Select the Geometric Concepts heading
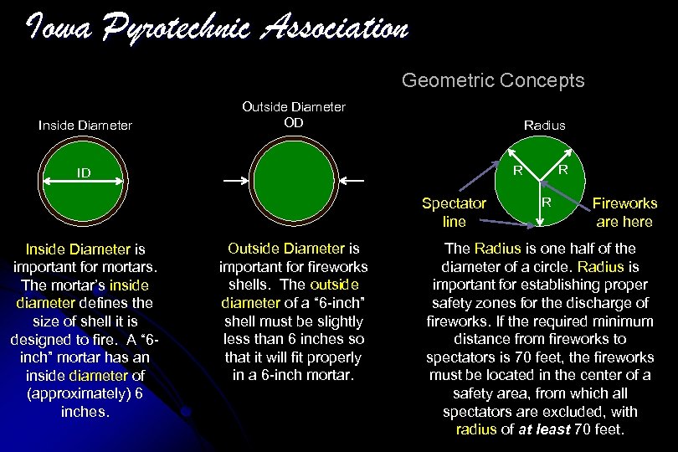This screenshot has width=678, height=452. click(x=493, y=80)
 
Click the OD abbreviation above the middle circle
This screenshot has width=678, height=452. click(x=293, y=122)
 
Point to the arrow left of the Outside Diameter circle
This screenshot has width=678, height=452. click(x=235, y=178)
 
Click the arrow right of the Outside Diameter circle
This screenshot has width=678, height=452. click(x=351, y=178)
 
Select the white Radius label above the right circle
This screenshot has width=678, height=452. click(x=544, y=125)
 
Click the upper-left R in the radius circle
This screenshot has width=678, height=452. click(x=518, y=172)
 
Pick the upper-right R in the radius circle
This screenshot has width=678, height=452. click(x=563, y=168)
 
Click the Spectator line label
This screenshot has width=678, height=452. click(x=454, y=211)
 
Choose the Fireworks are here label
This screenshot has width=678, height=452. click(x=624, y=211)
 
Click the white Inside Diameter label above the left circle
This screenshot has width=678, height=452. click(x=85, y=126)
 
